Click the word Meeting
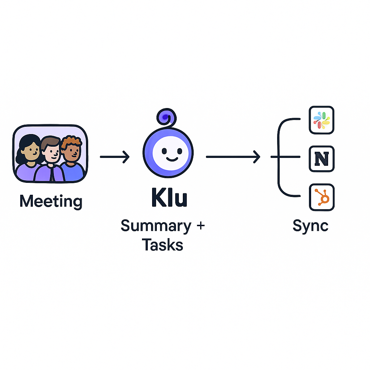[x=51, y=201]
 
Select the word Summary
[x=156, y=226]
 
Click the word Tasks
[x=162, y=245]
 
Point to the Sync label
[x=310, y=226]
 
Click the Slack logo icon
[x=322, y=120]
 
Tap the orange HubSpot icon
[x=322, y=197]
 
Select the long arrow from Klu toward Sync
[x=233, y=157]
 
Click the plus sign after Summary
[x=200, y=226]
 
